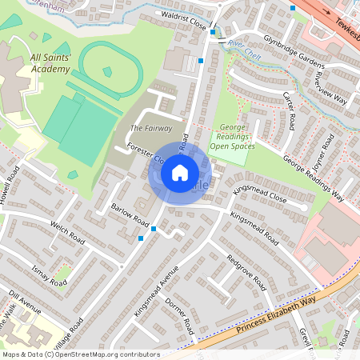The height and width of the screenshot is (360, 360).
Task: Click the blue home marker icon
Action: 180,173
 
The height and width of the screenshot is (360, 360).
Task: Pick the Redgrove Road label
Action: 246,272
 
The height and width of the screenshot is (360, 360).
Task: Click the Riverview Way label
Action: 331,88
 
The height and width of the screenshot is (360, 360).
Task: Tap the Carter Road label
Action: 289,110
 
